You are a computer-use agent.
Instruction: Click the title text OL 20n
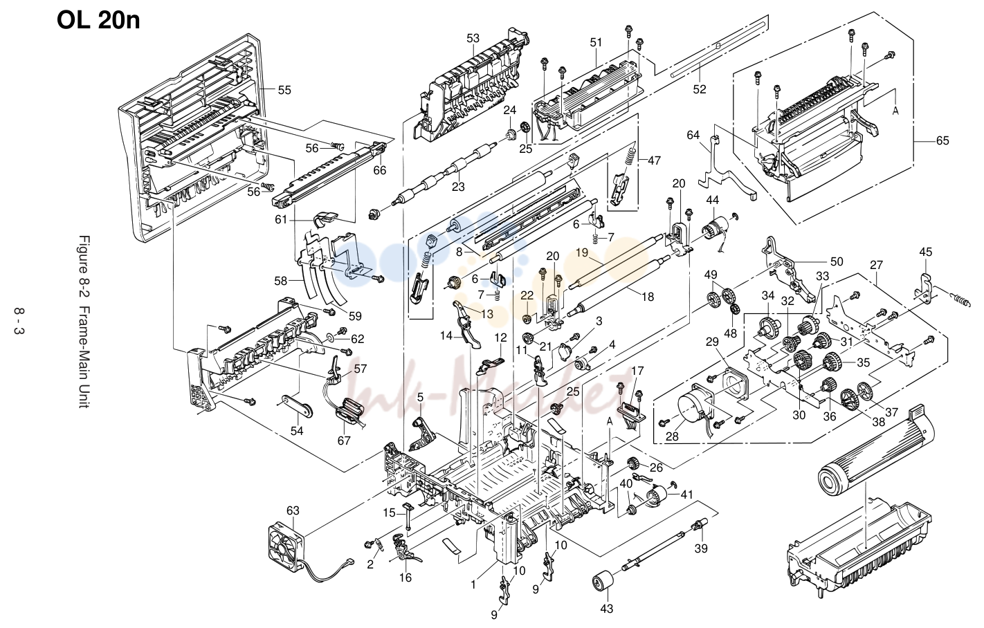[x=98, y=20]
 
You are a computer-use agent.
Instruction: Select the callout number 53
[x=473, y=39]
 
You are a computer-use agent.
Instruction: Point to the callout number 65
[x=942, y=141]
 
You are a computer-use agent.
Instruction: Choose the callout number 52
[x=700, y=89]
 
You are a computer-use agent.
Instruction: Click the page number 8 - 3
[x=19, y=321]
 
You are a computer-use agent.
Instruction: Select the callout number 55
[x=284, y=90]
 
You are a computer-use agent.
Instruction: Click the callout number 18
[x=648, y=297]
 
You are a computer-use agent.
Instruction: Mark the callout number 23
[x=458, y=187]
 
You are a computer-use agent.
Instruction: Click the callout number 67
[x=344, y=440]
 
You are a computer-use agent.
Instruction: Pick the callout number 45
[x=926, y=252]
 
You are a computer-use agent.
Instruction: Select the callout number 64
[x=693, y=136]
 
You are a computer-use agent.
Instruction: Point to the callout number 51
[x=596, y=43]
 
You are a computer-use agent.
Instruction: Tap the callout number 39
[x=701, y=548]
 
